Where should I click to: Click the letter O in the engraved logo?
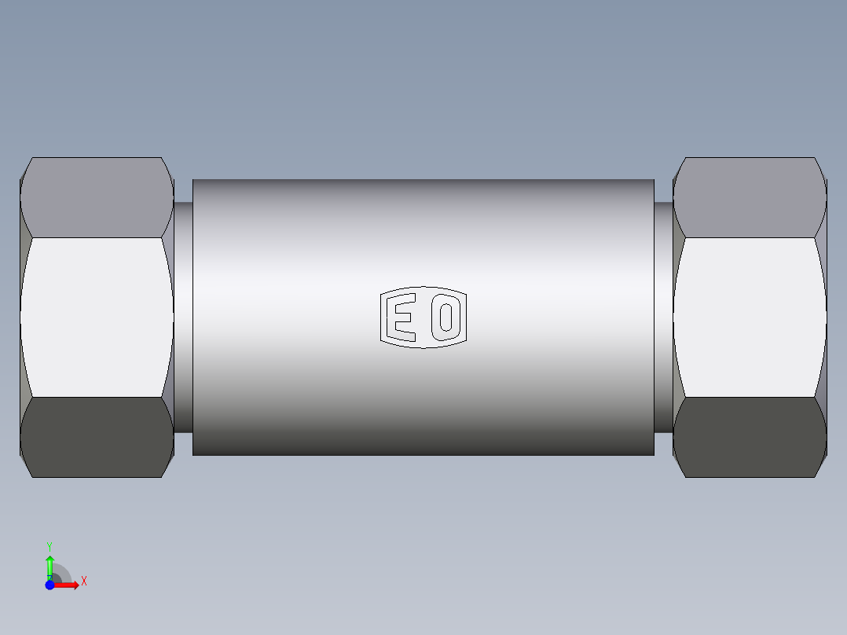(446, 317)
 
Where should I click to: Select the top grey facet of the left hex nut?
(97, 196)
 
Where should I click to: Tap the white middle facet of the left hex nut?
(97, 317)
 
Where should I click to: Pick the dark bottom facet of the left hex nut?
(97, 436)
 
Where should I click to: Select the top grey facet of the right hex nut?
(750, 196)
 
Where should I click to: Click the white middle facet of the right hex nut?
(750, 317)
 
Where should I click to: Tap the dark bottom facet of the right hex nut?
(750, 436)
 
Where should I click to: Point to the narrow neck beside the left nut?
(183, 317)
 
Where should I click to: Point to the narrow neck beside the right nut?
(663, 317)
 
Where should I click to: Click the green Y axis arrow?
(49, 564)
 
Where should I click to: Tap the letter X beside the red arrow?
(84, 582)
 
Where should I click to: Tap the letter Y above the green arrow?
(49, 545)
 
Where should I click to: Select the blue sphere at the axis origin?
(49, 585)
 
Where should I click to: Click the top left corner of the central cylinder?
(193, 180)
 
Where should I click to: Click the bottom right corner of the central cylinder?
(653, 454)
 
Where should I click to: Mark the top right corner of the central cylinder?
(653, 180)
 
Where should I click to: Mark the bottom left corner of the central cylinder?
(193, 454)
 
